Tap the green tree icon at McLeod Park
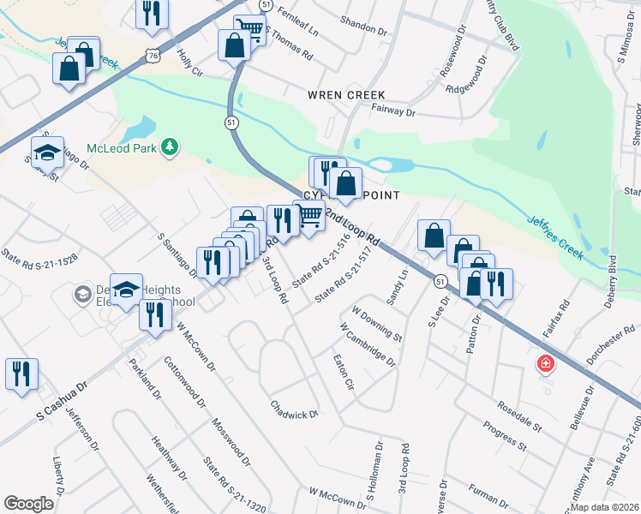171,147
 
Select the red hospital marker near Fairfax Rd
544,365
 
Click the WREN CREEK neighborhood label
346,94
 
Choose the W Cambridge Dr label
368,344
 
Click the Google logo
28,504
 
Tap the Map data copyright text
605,507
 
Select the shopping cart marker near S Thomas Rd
249,29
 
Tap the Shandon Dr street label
363,28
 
